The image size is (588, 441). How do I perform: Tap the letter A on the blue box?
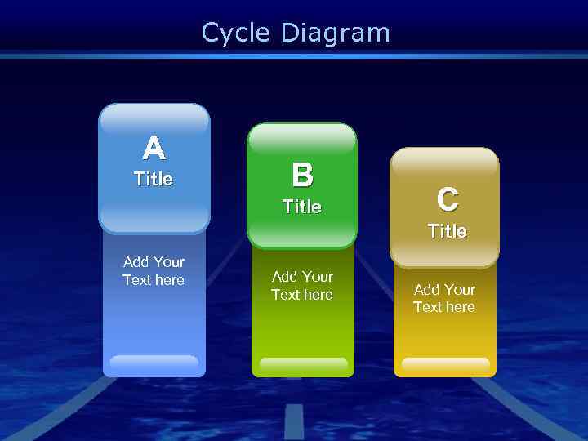coord(154,149)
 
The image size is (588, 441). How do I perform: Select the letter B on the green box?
coord(302,175)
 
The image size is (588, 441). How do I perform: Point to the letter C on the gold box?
coord(447,199)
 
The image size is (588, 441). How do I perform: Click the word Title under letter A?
coord(154,179)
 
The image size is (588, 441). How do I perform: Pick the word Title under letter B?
coord(302,207)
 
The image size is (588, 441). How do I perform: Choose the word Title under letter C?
coord(448,231)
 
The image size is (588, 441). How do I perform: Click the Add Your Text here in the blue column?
coord(154,271)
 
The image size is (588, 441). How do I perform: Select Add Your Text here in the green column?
coord(302,286)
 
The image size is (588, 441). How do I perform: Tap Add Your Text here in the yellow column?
coord(444,298)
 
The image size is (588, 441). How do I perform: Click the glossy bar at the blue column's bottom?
coord(154,362)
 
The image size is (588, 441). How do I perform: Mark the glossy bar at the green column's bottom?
coord(303,364)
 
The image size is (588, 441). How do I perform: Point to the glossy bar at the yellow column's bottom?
coord(445,364)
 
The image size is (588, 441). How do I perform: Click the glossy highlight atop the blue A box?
coord(154,120)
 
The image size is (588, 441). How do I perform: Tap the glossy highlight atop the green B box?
coord(302,140)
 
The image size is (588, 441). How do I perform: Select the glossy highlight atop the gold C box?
coord(444,163)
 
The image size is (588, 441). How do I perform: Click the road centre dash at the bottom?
coord(294,421)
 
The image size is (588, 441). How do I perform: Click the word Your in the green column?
coord(318,277)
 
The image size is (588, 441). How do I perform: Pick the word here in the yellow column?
coord(460,307)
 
